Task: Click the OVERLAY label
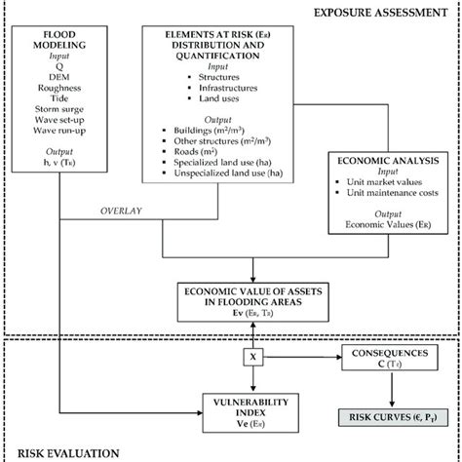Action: coord(122,208)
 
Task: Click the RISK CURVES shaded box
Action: coord(379,421)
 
